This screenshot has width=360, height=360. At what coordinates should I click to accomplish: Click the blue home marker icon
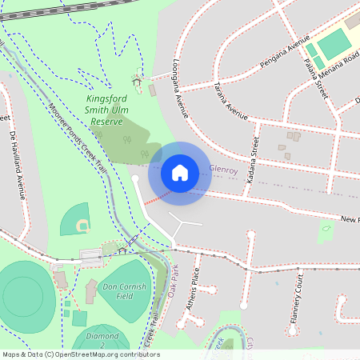click(180, 173)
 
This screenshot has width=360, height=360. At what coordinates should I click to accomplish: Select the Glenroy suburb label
click(224, 170)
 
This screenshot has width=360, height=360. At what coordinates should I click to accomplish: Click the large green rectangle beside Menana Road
click(334, 39)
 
